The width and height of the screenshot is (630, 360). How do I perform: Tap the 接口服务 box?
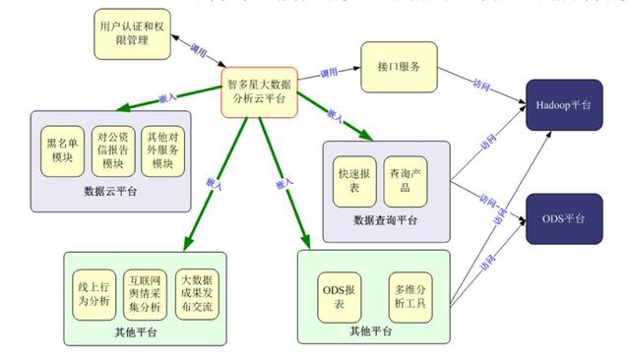[399, 67]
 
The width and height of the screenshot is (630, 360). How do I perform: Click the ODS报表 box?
[340, 297]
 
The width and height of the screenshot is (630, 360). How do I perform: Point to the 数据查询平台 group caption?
[385, 219]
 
